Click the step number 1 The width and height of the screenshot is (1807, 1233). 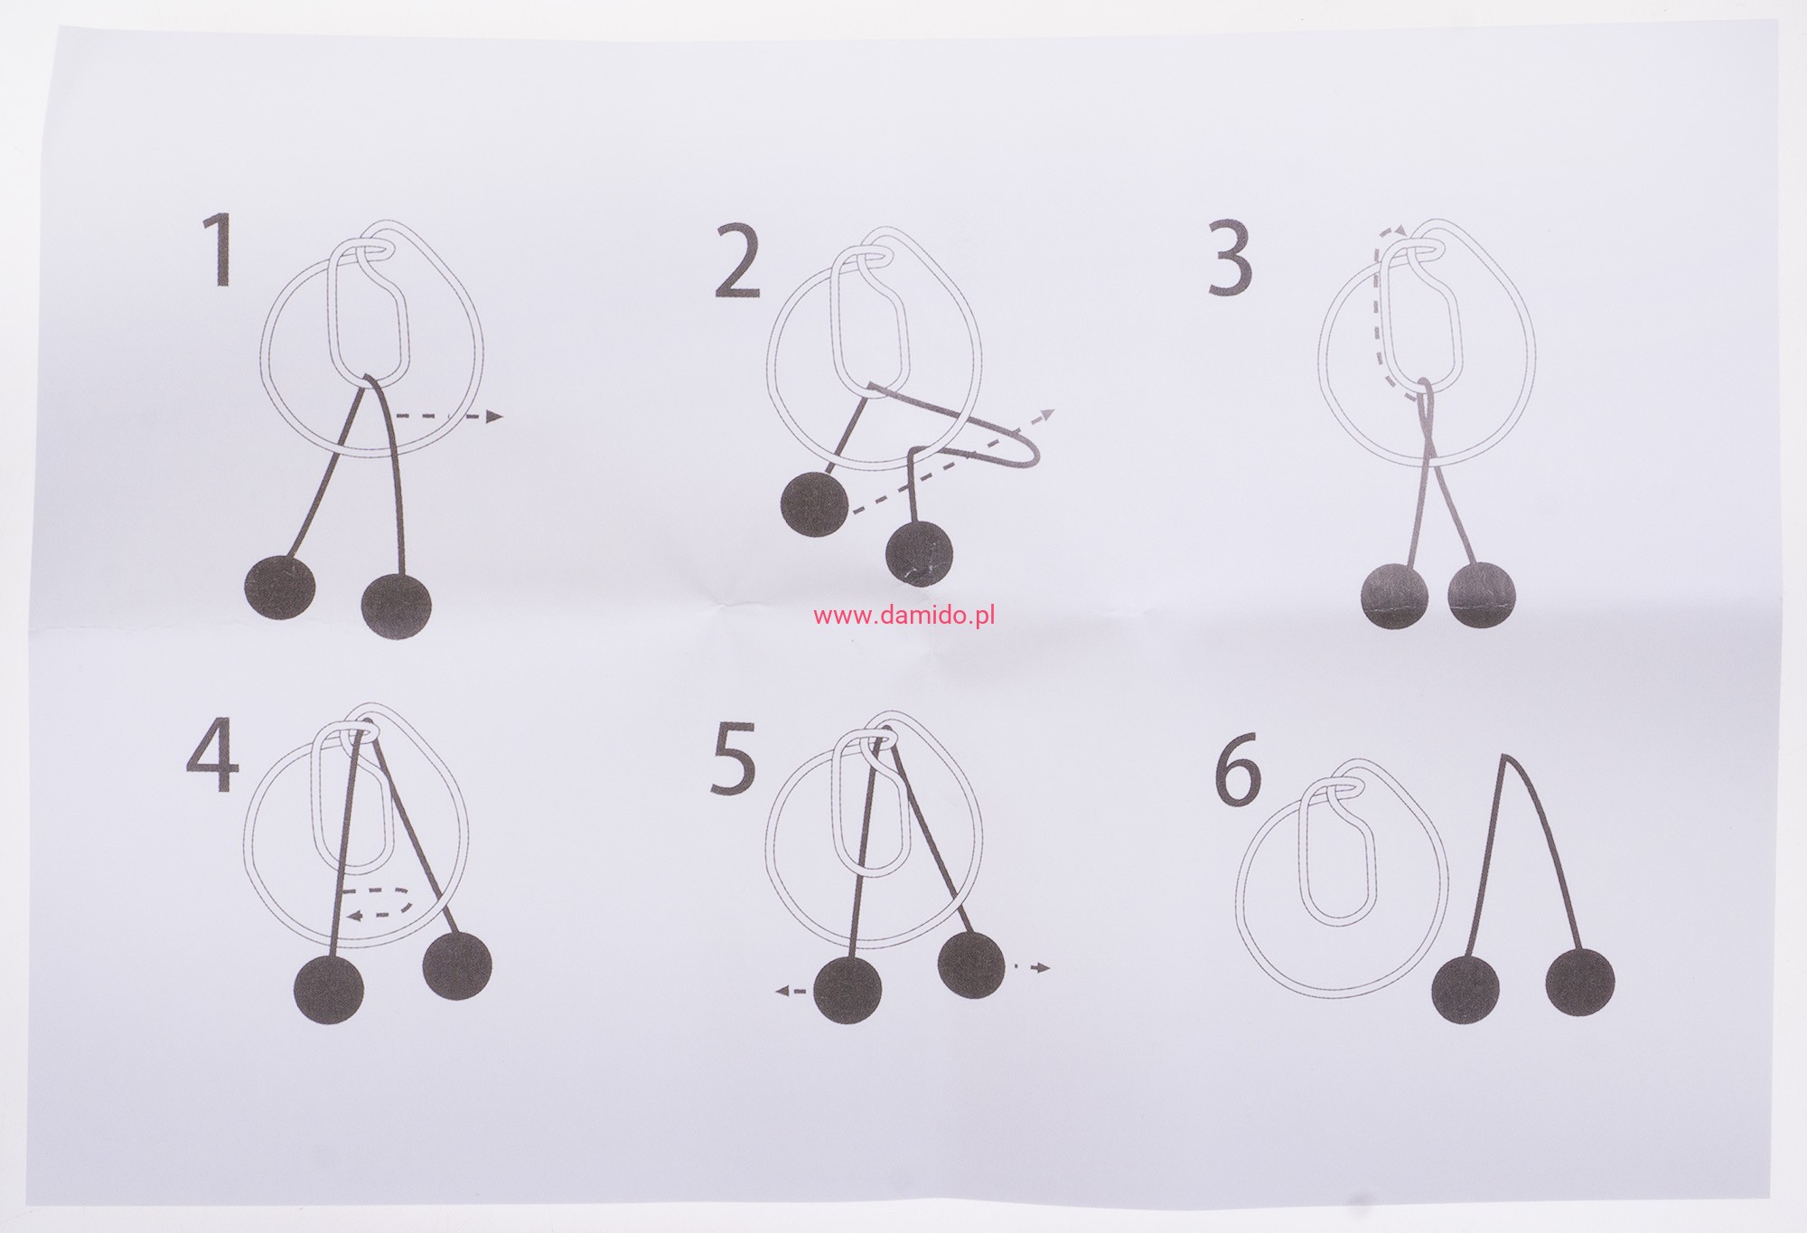[218, 251]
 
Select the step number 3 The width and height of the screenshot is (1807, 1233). [1230, 257]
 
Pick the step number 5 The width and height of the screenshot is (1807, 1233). [732, 758]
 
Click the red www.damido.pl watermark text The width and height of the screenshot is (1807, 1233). [903, 616]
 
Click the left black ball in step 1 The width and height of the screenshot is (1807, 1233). [282, 588]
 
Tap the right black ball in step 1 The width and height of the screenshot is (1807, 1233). [396, 605]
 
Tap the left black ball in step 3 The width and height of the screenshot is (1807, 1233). [1396, 595]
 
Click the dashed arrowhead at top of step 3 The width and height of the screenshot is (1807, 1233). [1393, 233]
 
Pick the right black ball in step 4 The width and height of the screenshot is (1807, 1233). [457, 966]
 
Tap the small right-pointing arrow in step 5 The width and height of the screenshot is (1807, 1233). [1034, 967]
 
